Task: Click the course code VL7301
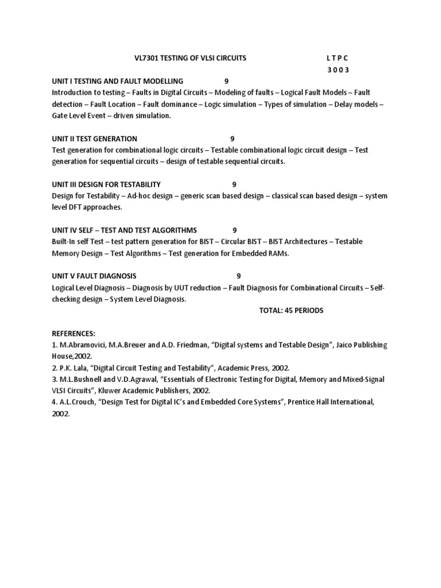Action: point(145,58)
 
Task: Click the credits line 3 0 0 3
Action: point(338,70)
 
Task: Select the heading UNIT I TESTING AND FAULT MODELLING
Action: point(117,81)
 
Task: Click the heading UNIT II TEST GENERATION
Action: point(94,138)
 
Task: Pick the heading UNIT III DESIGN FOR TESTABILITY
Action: point(106,184)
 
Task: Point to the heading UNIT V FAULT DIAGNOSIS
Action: point(94,276)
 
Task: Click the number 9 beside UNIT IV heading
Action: point(235,230)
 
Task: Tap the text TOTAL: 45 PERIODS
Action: point(291,311)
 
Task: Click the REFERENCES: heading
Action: point(73,334)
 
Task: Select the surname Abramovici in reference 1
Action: point(78,345)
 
